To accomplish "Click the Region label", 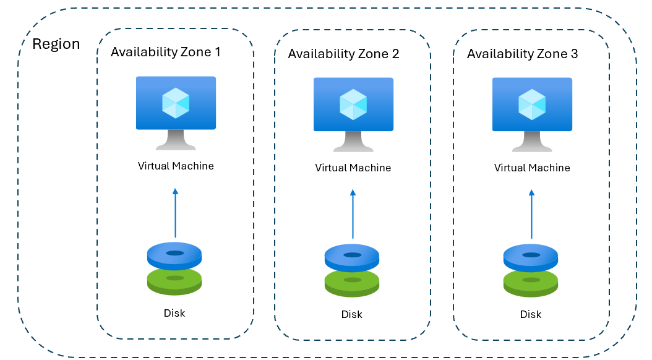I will tap(56, 45).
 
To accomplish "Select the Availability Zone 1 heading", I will tap(165, 52).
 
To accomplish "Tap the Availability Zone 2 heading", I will tap(343, 54).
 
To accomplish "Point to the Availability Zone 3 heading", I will tap(522, 54).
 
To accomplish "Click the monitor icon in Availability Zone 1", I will tap(176, 111).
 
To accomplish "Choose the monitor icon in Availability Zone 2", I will tap(353, 113).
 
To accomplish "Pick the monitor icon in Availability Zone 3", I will tap(532, 113).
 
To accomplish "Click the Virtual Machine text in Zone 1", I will tap(176, 166).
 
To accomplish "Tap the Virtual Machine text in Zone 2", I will tap(353, 168).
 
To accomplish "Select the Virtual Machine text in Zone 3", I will tap(532, 168).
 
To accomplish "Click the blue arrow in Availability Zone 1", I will tap(175, 213).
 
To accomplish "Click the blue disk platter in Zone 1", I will tap(175, 254).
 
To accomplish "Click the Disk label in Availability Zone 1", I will tap(174, 313).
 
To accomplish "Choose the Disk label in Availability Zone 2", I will tap(352, 315).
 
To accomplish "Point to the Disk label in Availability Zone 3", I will tap(531, 315).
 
